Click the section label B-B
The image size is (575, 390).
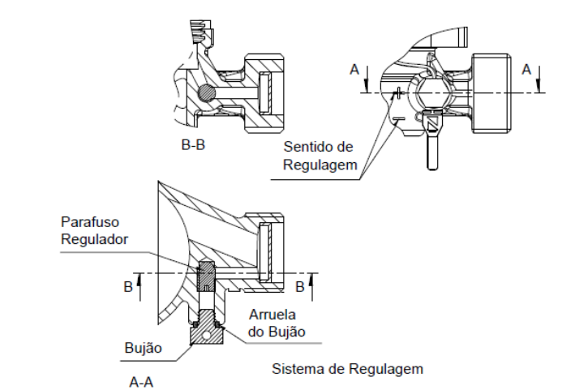193,145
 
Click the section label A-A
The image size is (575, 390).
141,383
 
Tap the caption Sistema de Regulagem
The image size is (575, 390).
347,369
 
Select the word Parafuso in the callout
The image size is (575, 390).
90,222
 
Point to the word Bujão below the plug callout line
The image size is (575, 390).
143,348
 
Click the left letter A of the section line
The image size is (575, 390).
354,70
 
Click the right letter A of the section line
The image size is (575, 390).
526,70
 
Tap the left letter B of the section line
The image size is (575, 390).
127,287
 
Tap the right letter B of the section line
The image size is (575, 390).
299,287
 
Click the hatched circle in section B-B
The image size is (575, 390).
207,92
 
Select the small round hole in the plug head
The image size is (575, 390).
207,335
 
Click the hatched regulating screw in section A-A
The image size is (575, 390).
207,276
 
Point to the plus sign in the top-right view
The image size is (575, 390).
398,92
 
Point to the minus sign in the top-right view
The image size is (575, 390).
397,119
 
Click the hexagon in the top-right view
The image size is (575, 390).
432,92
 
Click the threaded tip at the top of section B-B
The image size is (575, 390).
201,31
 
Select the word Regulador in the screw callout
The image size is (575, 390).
94,239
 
